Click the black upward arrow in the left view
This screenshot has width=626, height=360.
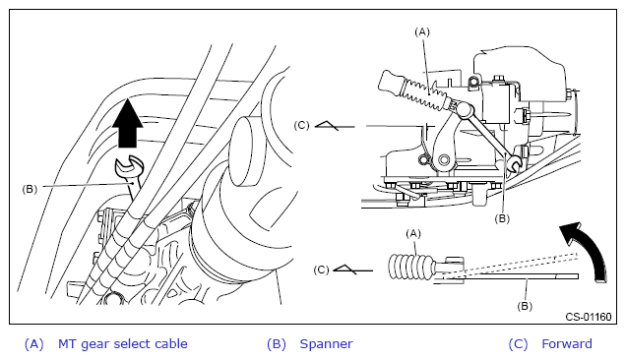[x=127, y=124]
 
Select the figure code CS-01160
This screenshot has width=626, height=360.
[x=588, y=317]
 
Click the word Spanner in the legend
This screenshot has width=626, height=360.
[x=326, y=343]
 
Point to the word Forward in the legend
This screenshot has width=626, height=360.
[x=567, y=343]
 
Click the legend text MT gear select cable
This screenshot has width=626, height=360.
[x=123, y=344]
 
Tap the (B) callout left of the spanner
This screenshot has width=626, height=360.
[x=30, y=189]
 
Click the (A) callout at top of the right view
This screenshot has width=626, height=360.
[x=422, y=31]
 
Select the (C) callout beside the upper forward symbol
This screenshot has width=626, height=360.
[x=301, y=125]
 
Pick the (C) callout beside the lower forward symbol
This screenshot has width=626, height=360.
[x=322, y=270]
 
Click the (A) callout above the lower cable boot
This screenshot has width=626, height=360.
[x=413, y=233]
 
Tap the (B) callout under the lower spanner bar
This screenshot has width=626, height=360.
[x=525, y=306]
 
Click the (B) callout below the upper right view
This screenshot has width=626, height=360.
[x=502, y=218]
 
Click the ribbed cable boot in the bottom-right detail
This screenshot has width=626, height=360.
[x=411, y=267]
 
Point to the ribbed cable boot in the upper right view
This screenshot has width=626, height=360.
[x=427, y=94]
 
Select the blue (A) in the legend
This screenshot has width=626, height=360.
[x=33, y=344]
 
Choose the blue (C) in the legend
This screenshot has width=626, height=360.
[x=518, y=344]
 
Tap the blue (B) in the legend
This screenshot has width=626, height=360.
[x=277, y=344]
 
